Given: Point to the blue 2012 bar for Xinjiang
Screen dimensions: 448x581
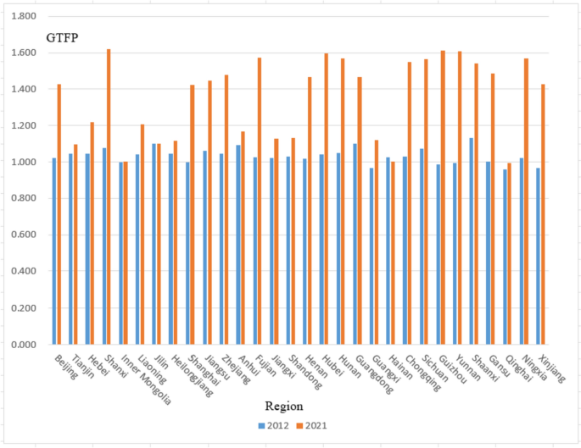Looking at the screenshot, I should tap(538, 256).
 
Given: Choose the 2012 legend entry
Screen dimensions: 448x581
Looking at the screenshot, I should tap(272, 425).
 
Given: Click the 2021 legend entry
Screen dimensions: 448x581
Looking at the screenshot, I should tap(310, 425).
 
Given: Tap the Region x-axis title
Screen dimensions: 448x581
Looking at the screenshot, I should tap(282, 406).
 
